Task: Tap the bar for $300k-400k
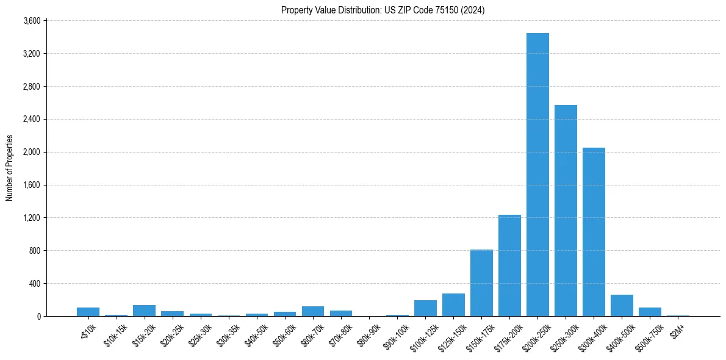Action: pos(594,232)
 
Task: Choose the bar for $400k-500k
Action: pos(622,306)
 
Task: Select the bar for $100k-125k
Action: pos(425,308)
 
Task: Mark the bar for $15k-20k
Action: pos(144,311)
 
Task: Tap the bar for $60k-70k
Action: pos(312,311)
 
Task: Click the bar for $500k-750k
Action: pos(650,312)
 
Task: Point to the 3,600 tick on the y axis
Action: pos(31,21)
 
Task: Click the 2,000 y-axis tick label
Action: pos(31,152)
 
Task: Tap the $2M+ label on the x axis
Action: pos(677,329)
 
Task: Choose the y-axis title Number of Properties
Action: pos(10,168)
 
